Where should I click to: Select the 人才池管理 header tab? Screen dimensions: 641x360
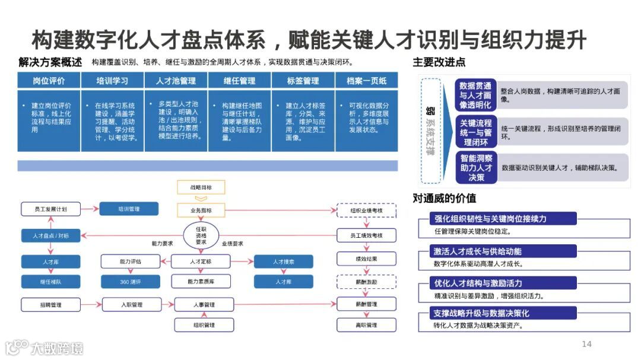[x=176, y=81]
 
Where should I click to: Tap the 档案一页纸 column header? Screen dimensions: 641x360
[x=367, y=81]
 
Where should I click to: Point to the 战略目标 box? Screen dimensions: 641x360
[x=201, y=187]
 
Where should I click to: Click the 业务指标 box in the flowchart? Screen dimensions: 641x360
[x=201, y=211]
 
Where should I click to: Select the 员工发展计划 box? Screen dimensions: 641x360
[x=51, y=209]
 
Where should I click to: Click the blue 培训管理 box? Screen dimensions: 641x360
[x=129, y=209]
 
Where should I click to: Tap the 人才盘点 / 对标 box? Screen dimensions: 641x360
[x=51, y=235]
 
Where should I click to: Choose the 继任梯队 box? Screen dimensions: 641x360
[x=51, y=282]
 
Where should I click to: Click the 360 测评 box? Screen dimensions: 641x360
[x=130, y=282]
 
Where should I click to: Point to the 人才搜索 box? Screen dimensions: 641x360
[x=284, y=262]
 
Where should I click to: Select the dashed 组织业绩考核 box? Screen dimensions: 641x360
[x=366, y=211]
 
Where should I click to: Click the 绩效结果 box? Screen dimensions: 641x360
[x=366, y=259]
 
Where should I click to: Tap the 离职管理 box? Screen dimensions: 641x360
[x=366, y=325]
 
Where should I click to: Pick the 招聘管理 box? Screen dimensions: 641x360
[x=51, y=305]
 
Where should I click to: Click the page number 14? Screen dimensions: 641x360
[x=586, y=344]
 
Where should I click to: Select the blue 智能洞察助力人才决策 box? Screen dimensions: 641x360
[x=476, y=168]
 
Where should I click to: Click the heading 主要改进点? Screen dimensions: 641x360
[x=439, y=62]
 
